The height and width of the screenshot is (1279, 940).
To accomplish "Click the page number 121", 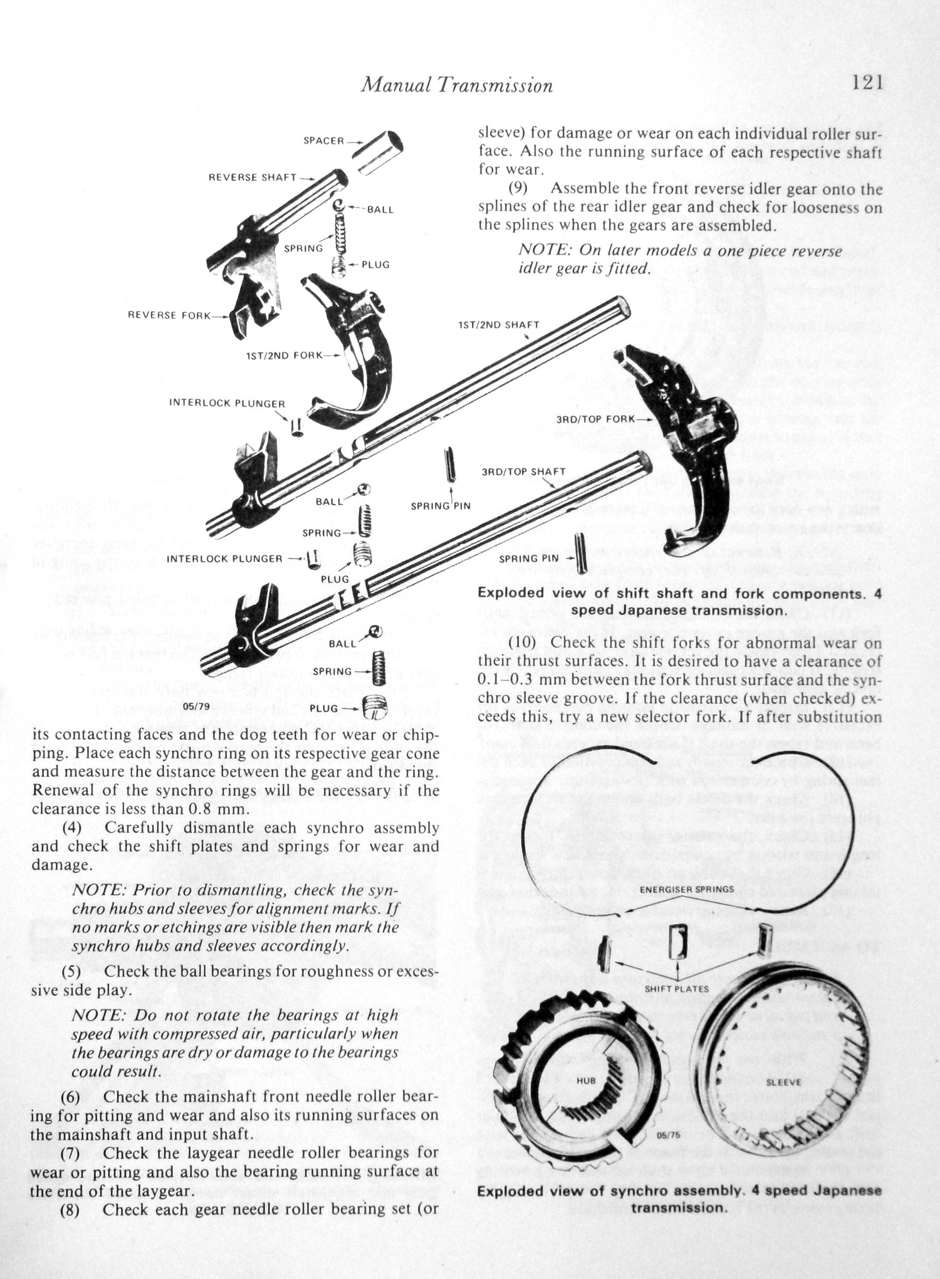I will [867, 83].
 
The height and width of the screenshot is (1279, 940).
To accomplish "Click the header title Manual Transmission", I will [457, 85].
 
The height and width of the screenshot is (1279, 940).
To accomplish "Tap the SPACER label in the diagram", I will [323, 141].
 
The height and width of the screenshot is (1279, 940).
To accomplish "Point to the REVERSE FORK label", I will [169, 315].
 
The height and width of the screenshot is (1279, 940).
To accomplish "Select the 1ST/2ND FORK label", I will [285, 355].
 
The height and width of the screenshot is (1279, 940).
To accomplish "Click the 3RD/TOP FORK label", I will [595, 418].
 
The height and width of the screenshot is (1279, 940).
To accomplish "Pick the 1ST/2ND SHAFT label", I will [498, 325].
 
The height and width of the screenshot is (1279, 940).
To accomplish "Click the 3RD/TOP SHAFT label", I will [523, 471].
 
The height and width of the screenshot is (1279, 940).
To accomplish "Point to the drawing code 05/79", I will [195, 707].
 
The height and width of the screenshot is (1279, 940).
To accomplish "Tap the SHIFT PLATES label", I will [677, 988].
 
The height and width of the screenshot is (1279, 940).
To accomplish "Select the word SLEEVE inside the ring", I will [783, 1082].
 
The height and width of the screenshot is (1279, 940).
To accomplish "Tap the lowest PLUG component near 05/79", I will [377, 708].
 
